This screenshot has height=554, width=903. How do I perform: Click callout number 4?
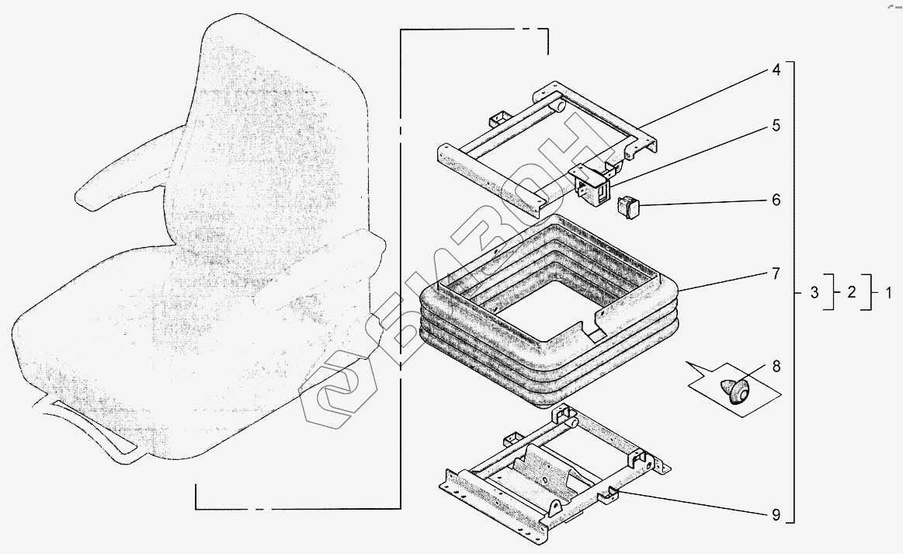[775, 70]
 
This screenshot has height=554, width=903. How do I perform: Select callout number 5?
[775, 125]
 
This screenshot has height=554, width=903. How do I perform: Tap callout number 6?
[775, 200]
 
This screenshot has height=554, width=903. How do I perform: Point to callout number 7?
[775, 274]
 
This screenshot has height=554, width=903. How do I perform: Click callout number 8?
[775, 366]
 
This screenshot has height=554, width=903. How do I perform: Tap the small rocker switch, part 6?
[627, 207]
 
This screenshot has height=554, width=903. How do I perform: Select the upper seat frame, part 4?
[497, 148]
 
